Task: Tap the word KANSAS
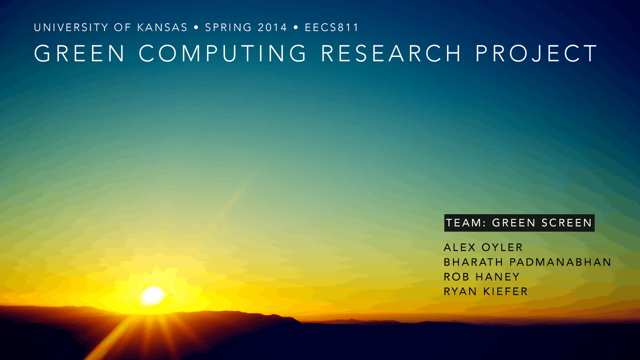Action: coord(162,27)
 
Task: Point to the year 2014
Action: coord(272,27)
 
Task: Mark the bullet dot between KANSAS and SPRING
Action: coord(196,27)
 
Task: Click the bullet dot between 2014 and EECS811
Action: coord(296,27)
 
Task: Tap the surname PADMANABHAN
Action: coord(560,262)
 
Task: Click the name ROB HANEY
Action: coord(481,277)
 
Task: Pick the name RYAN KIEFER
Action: coord(485,291)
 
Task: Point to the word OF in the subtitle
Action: coord(122,27)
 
